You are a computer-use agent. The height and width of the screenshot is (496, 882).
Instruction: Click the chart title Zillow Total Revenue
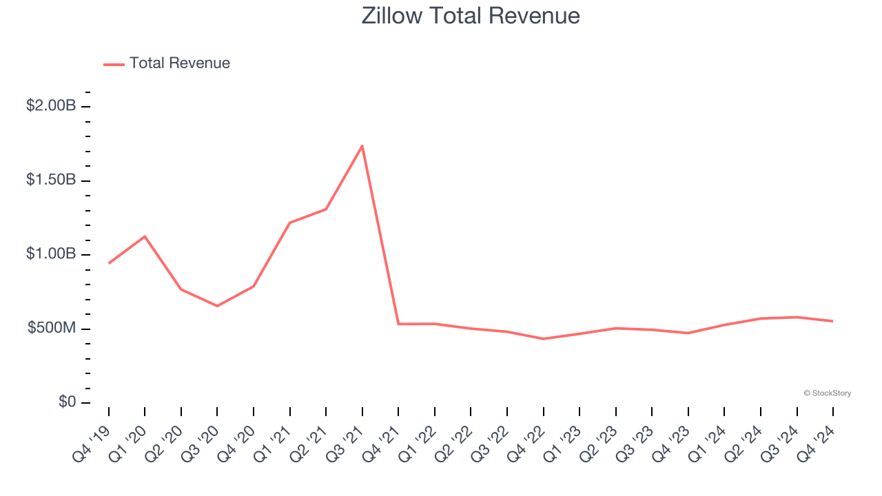471,16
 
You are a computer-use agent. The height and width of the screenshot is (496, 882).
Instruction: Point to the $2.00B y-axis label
51,106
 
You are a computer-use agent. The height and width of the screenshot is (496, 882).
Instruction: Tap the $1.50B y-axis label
51,180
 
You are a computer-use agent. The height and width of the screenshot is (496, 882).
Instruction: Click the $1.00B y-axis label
51,254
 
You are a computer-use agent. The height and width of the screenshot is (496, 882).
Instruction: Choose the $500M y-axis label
51,328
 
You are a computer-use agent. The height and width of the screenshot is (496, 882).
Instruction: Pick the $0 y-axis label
66,402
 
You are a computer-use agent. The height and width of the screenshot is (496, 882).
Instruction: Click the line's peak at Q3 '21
362,145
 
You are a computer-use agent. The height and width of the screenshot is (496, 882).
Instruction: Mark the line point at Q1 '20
145,236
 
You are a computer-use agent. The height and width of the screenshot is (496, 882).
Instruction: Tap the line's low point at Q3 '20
217,306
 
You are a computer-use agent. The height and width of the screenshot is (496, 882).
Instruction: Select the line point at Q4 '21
398,324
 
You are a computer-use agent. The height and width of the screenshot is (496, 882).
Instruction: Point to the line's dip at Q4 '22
543,339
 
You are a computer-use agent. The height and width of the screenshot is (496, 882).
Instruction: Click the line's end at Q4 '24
832,321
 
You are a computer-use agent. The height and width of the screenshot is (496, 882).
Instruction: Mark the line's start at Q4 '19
109,263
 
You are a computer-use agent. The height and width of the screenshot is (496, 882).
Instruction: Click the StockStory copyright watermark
827,393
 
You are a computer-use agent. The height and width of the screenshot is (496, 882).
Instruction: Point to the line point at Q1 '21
289,223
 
